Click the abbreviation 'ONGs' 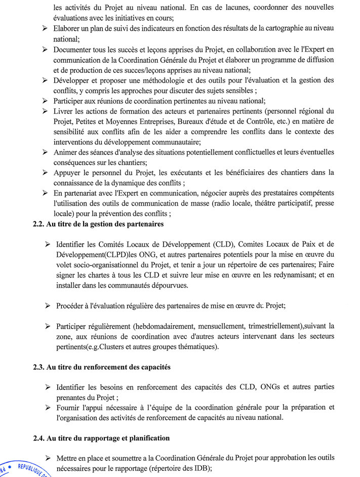pyautogui.click(x=274, y=387)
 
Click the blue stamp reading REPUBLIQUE pyautogui.click(x=25, y=468)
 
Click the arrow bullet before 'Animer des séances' pyautogui.click(x=45, y=152)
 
